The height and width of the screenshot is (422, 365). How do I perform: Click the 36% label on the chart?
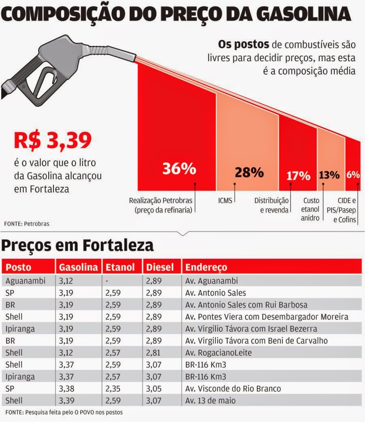point(179,168)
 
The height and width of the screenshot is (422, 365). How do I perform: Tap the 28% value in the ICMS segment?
point(249,173)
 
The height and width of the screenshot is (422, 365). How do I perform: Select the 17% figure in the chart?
point(298,176)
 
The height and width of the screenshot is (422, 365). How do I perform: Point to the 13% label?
point(329,175)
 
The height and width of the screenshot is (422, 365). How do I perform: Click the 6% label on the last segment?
point(353,175)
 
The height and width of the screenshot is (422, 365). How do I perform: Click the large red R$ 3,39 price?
point(53,140)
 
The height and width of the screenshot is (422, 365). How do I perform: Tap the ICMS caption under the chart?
point(225,200)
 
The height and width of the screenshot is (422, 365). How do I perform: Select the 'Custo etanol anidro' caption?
point(311,209)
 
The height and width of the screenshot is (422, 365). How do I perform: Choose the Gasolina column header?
point(78,267)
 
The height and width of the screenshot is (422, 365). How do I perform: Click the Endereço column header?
point(206,267)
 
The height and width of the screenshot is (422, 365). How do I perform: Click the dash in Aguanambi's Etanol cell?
point(106,281)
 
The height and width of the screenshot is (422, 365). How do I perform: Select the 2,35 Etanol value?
point(113,389)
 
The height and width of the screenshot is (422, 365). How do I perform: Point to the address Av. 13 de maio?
point(210,401)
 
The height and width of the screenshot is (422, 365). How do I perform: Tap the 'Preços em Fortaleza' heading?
point(78,245)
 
